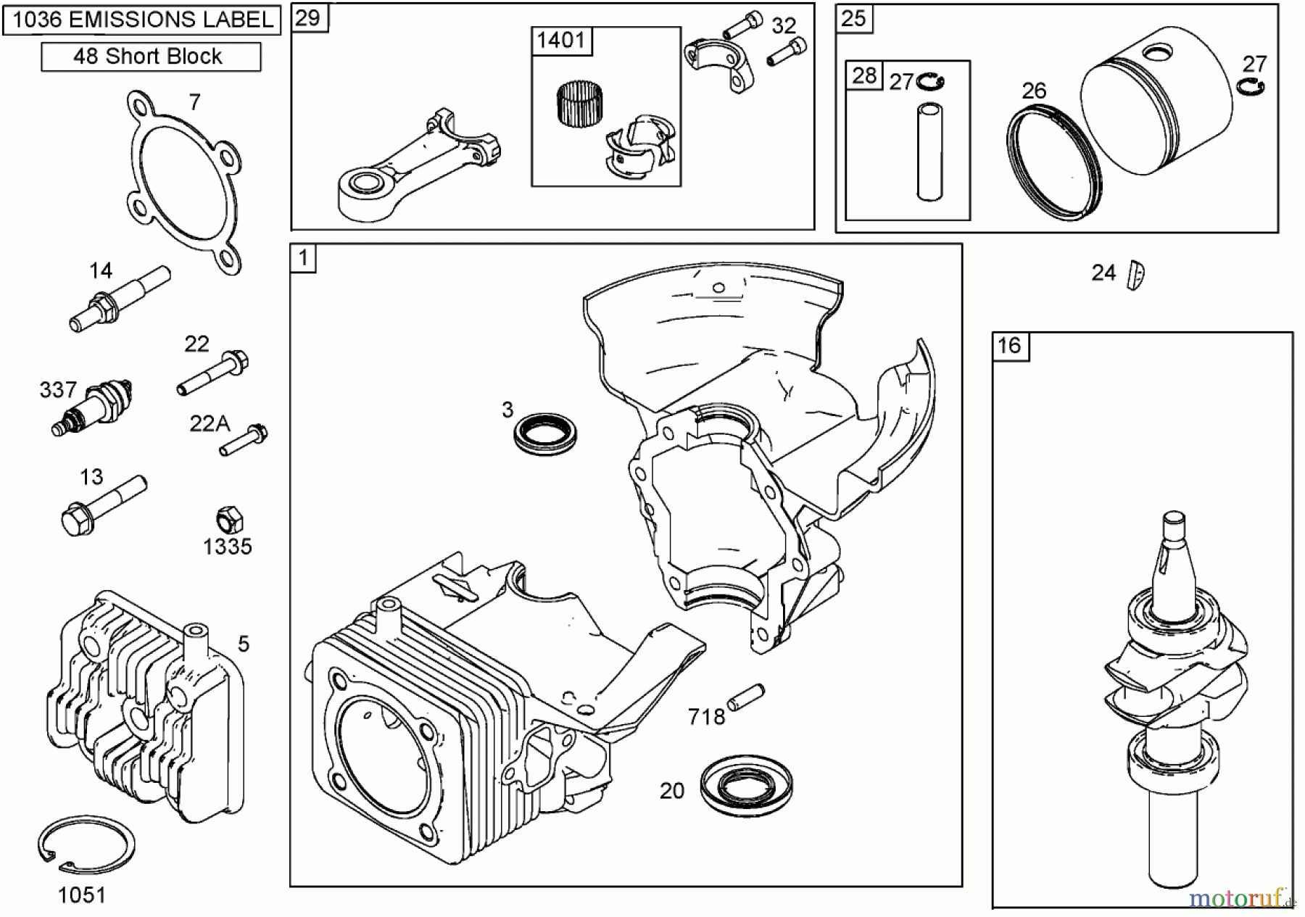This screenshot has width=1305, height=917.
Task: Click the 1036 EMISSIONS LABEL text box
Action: [142, 20]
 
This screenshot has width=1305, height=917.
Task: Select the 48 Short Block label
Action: [150, 57]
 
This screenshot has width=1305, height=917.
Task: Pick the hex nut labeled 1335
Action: [229, 520]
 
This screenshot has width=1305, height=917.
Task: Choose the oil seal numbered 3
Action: [545, 434]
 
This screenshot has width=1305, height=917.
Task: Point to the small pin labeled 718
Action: [745, 697]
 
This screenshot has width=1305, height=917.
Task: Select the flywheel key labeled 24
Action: [1135, 275]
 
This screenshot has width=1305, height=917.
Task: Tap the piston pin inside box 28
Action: [929, 152]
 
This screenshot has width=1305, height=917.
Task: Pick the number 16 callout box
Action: [1010, 346]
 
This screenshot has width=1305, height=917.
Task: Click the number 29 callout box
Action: [309, 18]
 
